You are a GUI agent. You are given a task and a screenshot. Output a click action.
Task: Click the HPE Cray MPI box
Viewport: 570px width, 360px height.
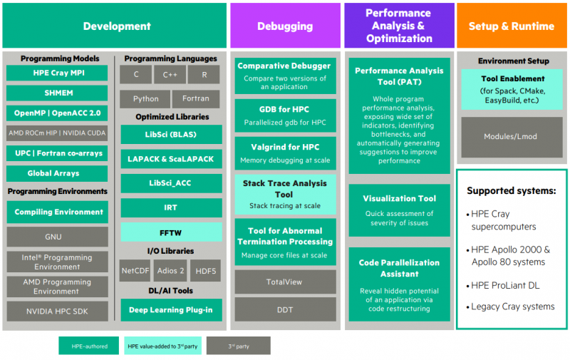(57, 73)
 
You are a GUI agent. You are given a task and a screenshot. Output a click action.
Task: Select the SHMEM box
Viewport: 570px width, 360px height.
(57, 93)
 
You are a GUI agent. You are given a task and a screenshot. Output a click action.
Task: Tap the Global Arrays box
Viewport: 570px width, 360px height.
(57, 173)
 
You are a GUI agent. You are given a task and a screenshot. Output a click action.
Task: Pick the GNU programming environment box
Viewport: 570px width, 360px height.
(57, 237)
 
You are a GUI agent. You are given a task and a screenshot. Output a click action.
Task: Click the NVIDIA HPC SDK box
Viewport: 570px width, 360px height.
(57, 311)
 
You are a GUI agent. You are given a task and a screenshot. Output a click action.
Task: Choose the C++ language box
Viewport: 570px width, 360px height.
(170, 74)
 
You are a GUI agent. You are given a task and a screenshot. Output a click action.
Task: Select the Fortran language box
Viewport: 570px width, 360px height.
(195, 99)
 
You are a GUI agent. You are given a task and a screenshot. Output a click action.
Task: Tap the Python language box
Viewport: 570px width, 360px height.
(145, 99)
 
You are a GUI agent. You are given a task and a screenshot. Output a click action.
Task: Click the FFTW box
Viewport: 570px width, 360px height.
(171, 232)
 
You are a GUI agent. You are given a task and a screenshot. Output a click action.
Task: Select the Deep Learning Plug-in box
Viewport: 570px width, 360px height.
(171, 309)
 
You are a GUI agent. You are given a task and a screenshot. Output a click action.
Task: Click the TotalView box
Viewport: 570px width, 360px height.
(284, 282)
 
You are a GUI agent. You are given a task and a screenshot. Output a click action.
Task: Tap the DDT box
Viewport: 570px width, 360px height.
(284, 309)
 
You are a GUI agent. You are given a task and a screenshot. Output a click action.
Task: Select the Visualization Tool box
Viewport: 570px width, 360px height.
(399, 205)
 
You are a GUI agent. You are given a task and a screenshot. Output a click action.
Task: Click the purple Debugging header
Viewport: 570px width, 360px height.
(284, 26)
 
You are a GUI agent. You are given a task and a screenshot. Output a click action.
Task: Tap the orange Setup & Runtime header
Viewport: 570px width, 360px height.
(511, 26)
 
